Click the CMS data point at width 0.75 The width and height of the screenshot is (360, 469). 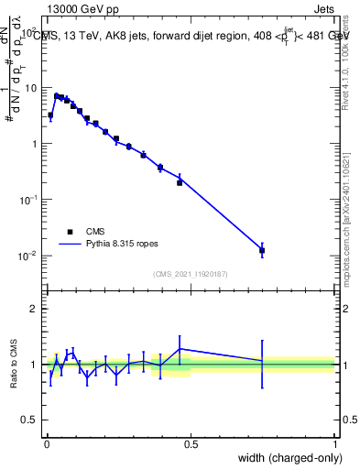click(x=262, y=250)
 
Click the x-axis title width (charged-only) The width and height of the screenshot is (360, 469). click(x=287, y=458)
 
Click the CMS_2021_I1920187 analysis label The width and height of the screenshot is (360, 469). click(x=191, y=273)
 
